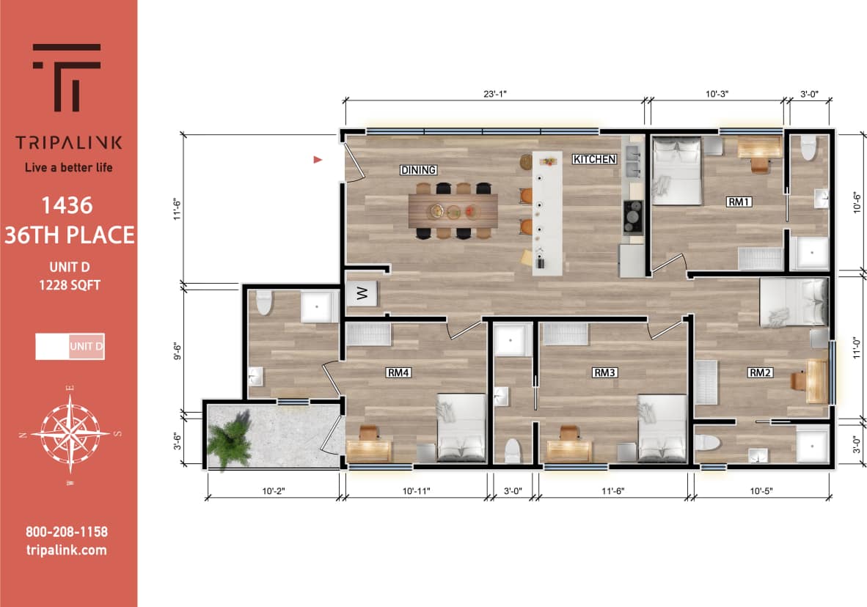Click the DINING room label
point(418,170)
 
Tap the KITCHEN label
point(594,159)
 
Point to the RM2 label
point(760,372)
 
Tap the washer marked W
point(361,295)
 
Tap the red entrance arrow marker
point(318,159)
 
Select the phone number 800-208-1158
point(66,532)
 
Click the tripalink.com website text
point(66,550)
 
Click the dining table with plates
point(453,210)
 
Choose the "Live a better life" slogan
point(69,167)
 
